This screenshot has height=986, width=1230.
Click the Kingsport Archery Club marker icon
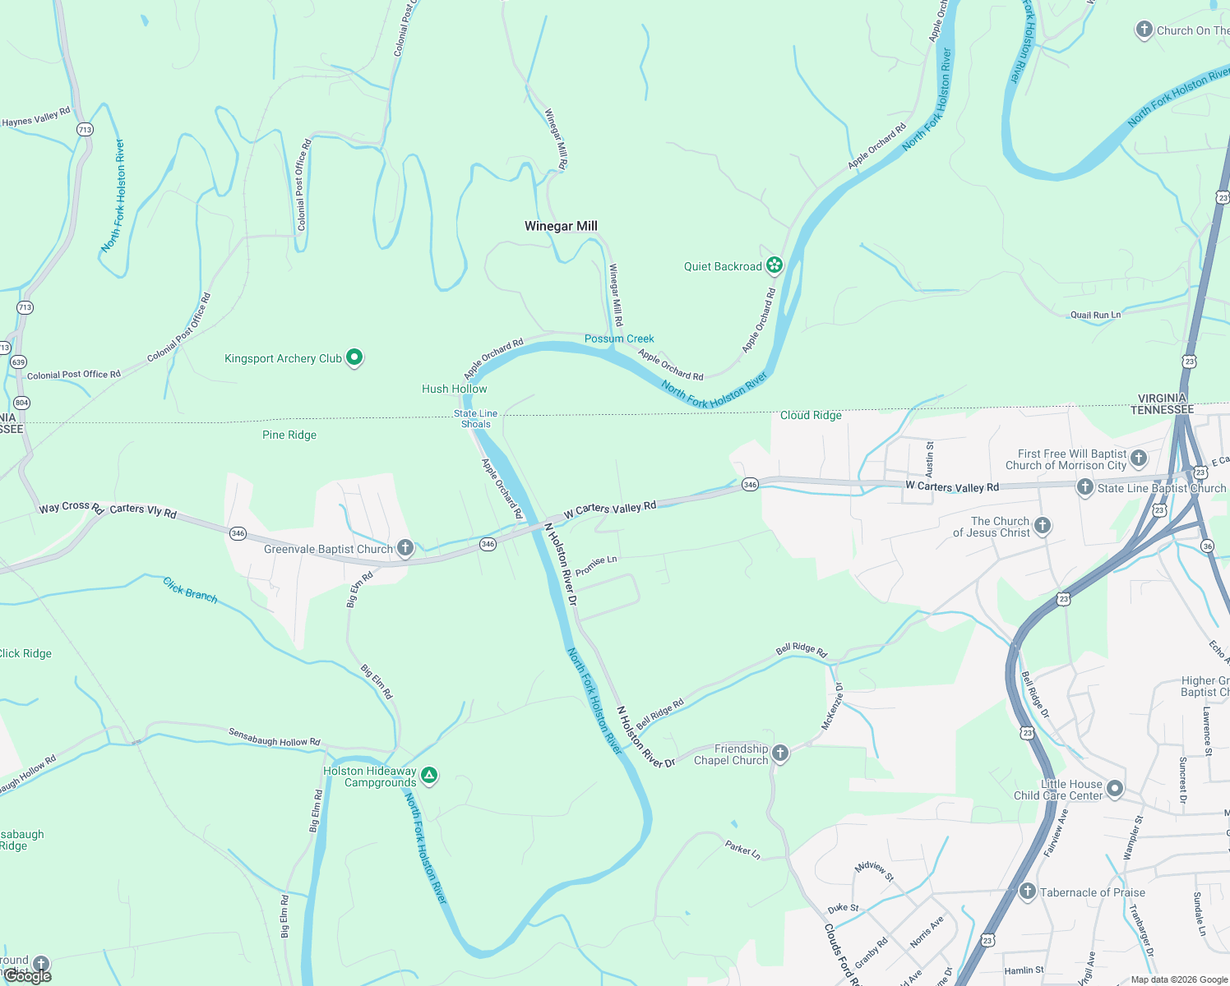tap(354, 357)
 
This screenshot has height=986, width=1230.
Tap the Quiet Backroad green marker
tap(774, 265)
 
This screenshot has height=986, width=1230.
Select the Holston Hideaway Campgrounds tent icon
tap(428, 775)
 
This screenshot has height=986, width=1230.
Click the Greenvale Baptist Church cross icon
tap(405, 547)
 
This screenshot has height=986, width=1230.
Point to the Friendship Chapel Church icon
tap(780, 753)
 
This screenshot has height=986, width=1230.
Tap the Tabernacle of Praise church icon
tap(1027, 892)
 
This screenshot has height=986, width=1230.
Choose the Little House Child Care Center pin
tap(1114, 789)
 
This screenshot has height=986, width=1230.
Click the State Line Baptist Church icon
tap(1084, 487)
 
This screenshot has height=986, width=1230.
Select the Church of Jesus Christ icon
tap(1042, 526)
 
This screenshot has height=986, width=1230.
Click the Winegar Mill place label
tap(561, 226)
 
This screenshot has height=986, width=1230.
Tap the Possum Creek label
tap(619, 339)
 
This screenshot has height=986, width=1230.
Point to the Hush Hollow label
tap(454, 389)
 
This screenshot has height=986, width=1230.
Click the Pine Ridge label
tap(289, 435)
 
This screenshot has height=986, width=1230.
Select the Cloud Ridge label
tap(811, 415)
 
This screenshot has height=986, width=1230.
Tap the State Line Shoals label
tap(475, 419)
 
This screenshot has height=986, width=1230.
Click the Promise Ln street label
tap(596, 565)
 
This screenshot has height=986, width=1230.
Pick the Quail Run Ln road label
tap(1095, 315)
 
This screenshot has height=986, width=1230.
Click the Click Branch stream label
tap(190, 590)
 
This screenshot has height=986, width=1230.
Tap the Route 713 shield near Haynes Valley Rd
tap(85, 130)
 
